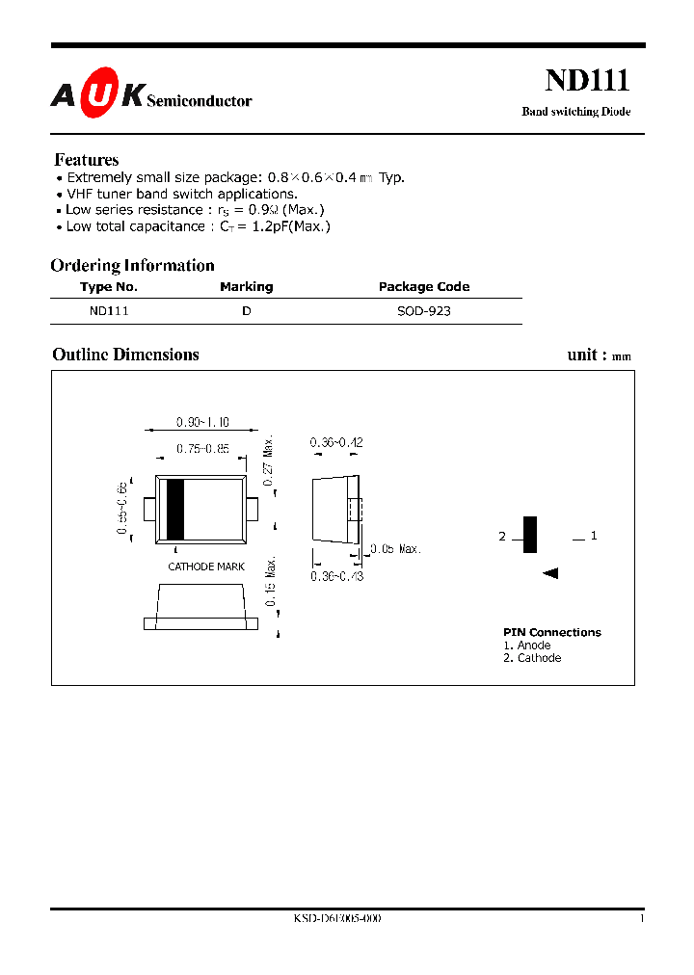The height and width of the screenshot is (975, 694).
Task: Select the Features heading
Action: point(87,160)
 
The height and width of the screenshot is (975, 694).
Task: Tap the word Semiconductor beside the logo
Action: point(200,100)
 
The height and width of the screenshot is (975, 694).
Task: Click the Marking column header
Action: point(247,286)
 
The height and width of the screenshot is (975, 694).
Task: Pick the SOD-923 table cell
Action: point(424,311)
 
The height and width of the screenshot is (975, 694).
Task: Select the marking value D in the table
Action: point(247,311)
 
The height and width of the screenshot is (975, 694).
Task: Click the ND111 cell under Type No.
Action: point(109,311)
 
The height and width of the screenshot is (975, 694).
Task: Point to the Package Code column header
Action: point(424,286)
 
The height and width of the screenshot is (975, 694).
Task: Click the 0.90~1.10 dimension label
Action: point(201,422)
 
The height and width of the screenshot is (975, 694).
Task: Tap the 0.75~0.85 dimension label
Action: point(202,448)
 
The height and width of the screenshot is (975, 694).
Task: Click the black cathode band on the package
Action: point(174,509)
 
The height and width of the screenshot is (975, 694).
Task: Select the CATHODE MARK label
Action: point(206,567)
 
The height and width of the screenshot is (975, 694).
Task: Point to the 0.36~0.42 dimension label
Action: point(336,442)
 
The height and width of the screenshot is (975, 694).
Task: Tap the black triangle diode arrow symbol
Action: point(550,574)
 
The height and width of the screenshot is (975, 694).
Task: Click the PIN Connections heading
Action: point(551,632)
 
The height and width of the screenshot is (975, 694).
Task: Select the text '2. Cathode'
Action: point(532,658)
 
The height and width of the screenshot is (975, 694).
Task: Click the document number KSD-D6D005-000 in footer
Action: point(337,919)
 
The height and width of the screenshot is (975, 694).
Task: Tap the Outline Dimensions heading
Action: point(125,355)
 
